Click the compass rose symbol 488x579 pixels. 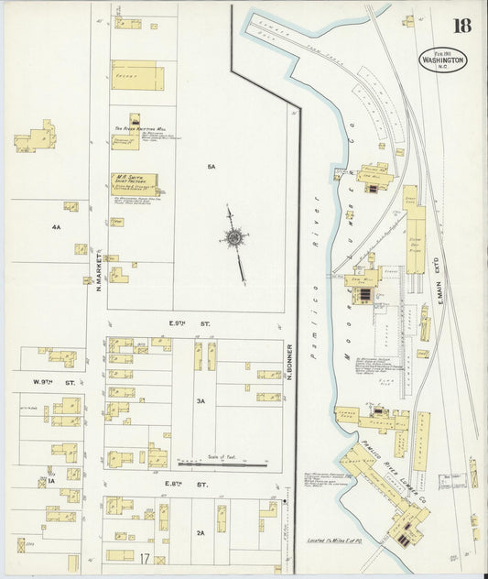point(234,238)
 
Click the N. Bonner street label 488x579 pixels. point(288,361)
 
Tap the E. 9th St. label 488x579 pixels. point(183,323)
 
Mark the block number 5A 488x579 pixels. point(211,167)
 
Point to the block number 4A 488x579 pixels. point(56,226)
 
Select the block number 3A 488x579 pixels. point(201,401)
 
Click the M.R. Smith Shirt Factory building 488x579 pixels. point(134,181)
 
